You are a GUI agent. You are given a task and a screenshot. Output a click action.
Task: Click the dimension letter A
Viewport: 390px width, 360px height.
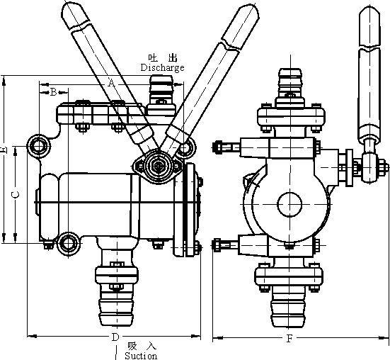(112, 83)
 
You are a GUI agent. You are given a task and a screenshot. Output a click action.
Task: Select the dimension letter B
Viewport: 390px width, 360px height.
(54, 92)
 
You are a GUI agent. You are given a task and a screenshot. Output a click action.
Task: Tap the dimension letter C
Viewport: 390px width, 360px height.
(16, 195)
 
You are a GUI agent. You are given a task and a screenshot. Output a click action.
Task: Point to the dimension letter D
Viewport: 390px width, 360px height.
(115, 337)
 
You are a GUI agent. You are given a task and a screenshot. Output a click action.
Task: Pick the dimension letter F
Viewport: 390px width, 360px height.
(289, 339)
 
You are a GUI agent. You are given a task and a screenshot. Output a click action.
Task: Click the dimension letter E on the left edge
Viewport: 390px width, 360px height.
(4, 150)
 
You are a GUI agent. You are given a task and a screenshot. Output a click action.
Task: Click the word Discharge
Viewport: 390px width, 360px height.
(162, 68)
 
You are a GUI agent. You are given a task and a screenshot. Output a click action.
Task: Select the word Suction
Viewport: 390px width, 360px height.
(141, 355)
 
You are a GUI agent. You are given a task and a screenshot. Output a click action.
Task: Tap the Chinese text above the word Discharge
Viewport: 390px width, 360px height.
(163, 58)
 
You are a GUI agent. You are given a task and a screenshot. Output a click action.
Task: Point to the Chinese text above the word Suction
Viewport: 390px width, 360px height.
(142, 346)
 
